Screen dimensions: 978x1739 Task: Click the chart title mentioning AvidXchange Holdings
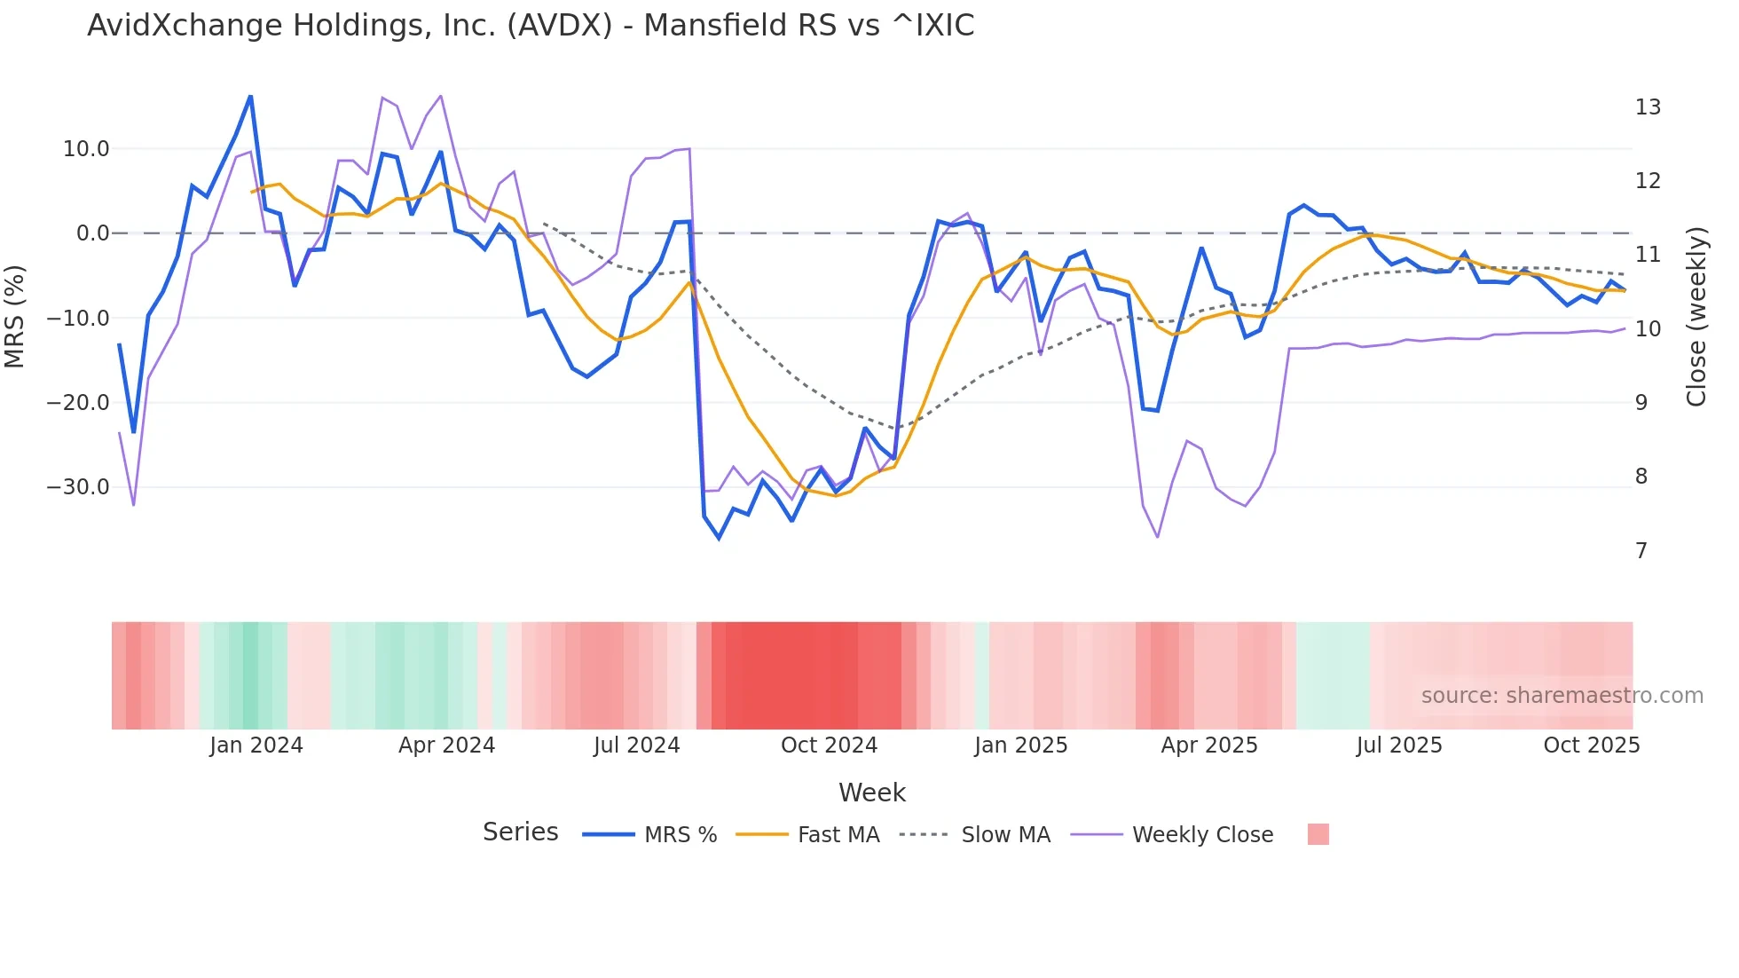point(531,26)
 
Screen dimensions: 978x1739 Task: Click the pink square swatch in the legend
point(1318,834)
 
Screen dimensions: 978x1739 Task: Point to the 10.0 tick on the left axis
point(86,149)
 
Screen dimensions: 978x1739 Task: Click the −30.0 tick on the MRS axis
point(78,487)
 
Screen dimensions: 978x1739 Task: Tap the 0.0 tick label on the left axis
point(93,233)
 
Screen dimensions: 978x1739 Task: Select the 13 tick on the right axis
point(1648,107)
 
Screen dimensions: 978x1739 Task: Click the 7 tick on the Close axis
point(1641,551)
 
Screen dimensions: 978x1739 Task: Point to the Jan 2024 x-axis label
point(256,745)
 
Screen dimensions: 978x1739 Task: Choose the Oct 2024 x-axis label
point(829,745)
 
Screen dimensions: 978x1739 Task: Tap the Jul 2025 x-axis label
point(1399,745)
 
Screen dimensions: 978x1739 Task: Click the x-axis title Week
point(871,793)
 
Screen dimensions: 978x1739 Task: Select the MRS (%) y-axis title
point(15,316)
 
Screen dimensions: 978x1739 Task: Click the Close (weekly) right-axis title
point(1696,317)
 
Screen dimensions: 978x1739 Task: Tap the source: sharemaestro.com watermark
point(1562,696)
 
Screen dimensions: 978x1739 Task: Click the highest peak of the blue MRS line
point(250,96)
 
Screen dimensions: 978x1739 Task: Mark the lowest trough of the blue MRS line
point(719,538)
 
